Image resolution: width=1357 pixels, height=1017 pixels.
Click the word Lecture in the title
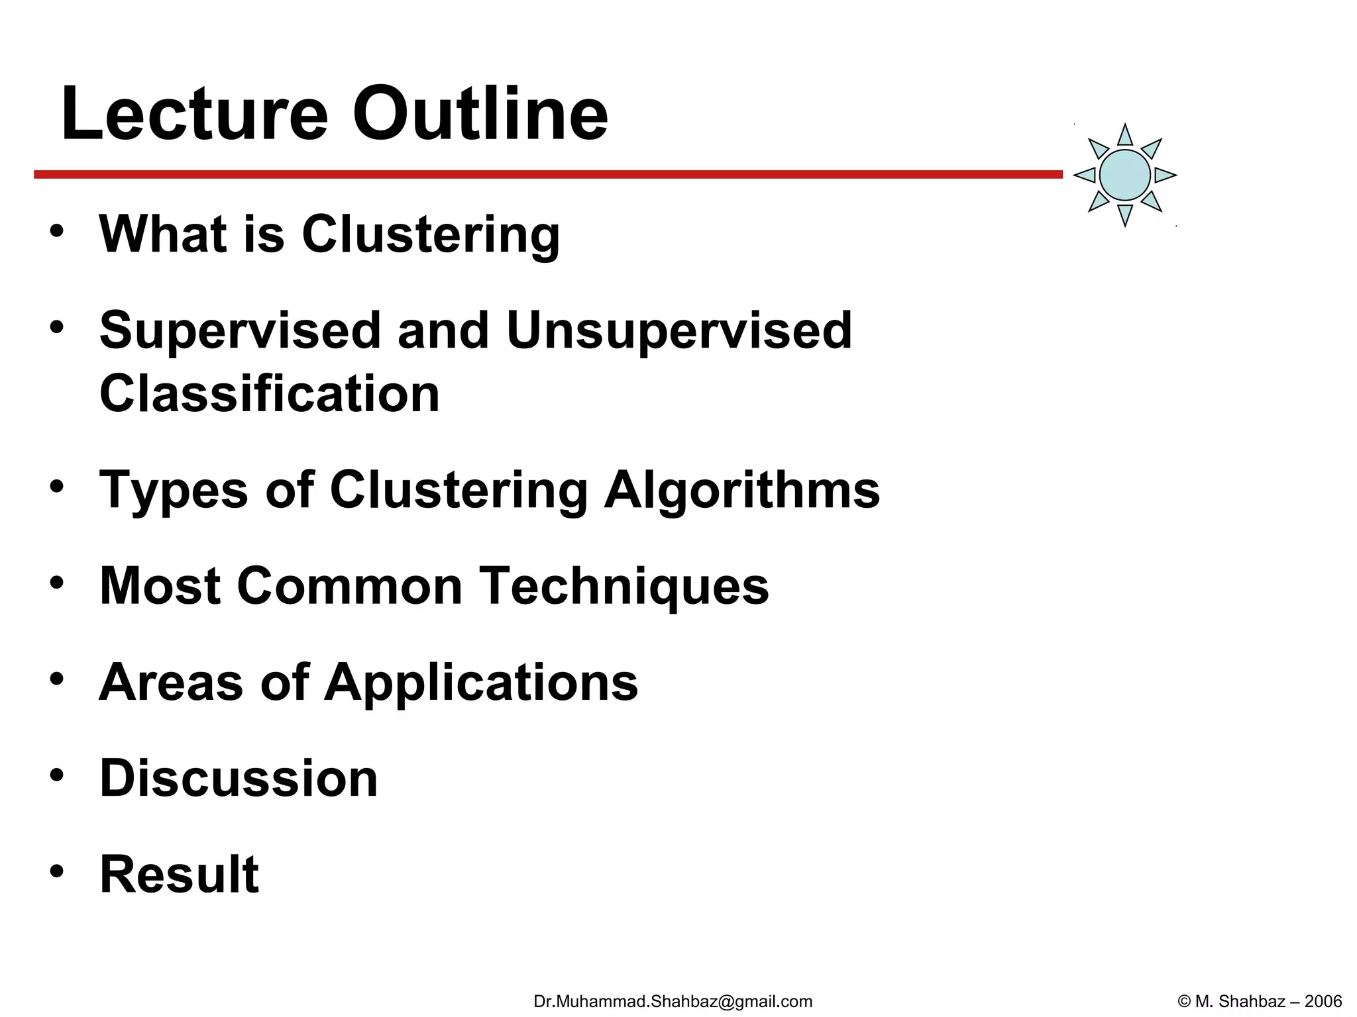tap(194, 114)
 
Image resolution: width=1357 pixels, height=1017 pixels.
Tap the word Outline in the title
tap(480, 114)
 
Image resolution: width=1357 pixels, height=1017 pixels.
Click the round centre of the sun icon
tap(1124, 175)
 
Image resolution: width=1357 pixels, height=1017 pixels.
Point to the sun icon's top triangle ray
tap(1125, 136)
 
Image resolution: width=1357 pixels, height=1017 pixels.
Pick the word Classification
tap(269, 393)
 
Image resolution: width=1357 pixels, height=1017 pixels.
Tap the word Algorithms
tap(742, 490)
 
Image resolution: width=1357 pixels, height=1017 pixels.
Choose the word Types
tap(174, 491)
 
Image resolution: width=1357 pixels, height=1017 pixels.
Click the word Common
tap(350, 586)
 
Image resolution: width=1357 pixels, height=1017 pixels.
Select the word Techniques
tap(624, 587)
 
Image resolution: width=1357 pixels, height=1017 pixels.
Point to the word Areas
tap(171, 682)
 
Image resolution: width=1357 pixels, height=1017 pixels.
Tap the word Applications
tap(481, 683)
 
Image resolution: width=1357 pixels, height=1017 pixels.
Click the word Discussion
tap(239, 778)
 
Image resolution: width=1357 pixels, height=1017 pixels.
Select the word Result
tap(179, 874)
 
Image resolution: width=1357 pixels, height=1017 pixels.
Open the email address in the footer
tap(673, 1001)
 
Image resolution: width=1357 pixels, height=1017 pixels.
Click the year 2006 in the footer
tap(1323, 1001)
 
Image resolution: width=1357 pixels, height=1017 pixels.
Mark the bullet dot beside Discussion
tap(57, 774)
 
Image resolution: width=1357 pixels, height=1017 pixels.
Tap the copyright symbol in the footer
tap(1184, 1001)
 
